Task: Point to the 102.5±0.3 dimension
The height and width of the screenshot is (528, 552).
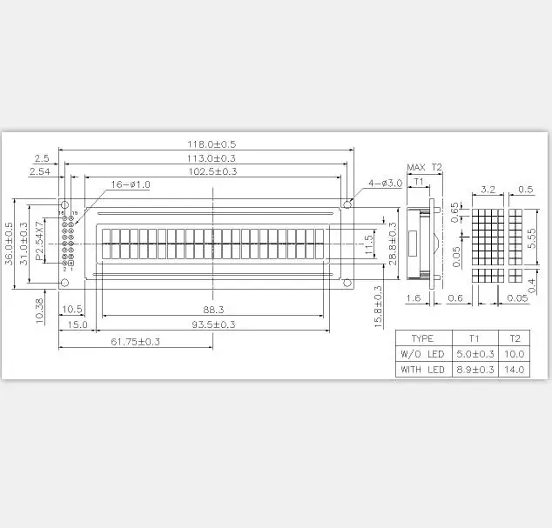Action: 212,171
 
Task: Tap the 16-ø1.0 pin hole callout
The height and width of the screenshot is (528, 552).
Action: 130,184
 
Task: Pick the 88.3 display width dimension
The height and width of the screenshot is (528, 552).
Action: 212,309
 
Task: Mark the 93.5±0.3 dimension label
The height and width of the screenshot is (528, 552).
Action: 212,324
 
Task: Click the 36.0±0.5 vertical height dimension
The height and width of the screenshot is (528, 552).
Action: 10,244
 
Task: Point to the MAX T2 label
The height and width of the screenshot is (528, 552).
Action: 425,167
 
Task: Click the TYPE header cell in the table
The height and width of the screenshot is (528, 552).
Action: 422,338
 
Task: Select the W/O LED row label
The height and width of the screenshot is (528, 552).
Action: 422,354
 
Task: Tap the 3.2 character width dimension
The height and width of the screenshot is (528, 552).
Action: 488,189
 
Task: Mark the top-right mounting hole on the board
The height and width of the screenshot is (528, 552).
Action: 347,205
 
